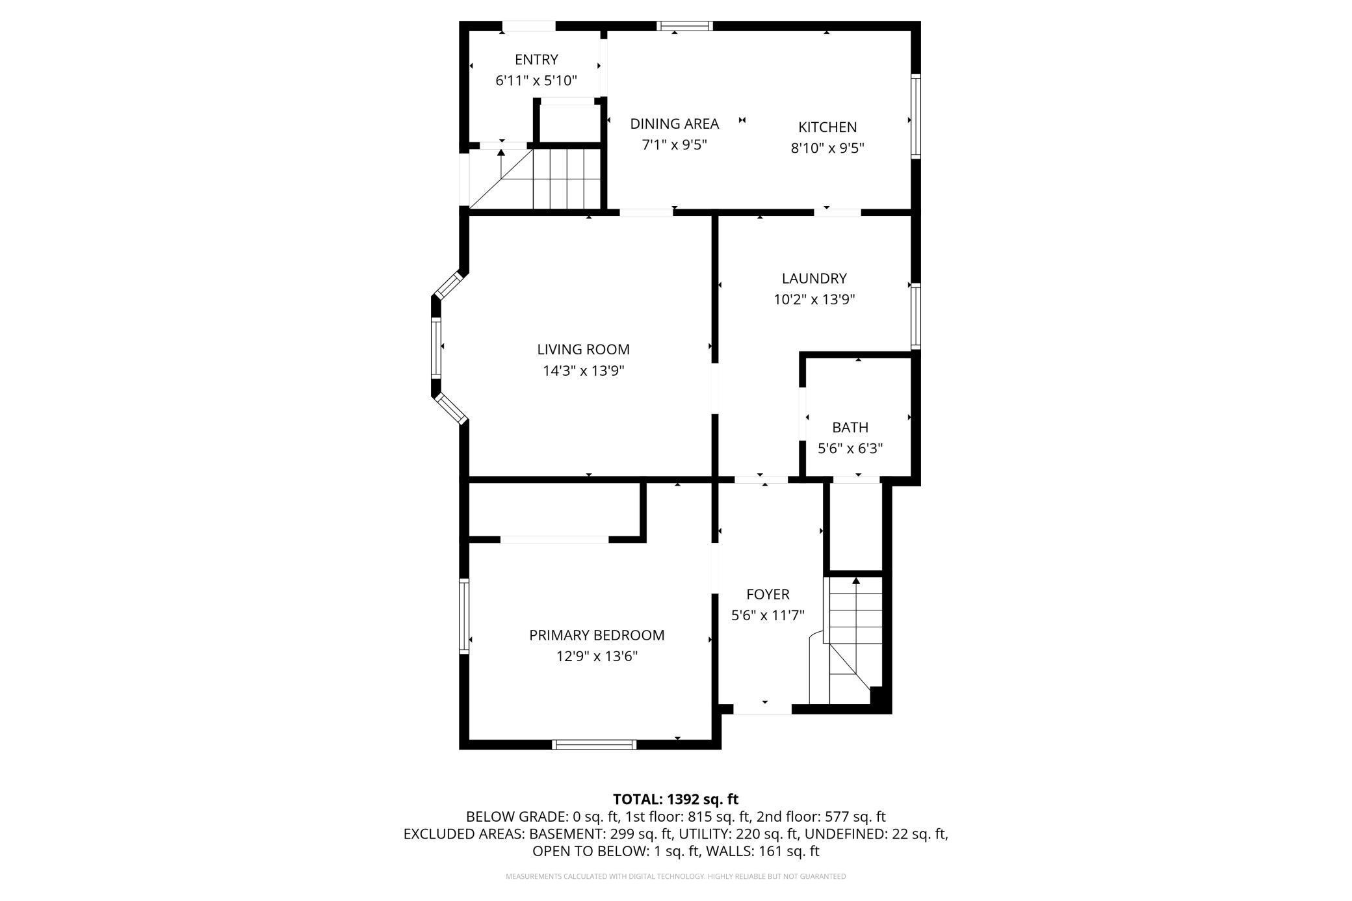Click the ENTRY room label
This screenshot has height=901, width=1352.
(x=536, y=60)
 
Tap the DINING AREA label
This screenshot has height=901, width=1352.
(x=674, y=124)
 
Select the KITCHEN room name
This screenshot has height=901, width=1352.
(x=827, y=127)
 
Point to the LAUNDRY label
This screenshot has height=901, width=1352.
(x=814, y=278)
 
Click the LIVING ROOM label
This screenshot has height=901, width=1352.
(x=583, y=349)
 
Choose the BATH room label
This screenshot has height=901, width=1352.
(x=850, y=427)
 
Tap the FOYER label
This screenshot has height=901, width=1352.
(x=768, y=594)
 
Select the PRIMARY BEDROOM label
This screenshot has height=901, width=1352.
(x=597, y=635)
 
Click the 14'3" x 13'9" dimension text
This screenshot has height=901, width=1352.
(x=583, y=371)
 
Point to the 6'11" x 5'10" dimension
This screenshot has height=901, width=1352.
(x=536, y=81)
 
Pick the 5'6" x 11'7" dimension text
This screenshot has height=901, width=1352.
(x=768, y=615)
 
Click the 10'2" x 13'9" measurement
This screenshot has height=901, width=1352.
(x=814, y=300)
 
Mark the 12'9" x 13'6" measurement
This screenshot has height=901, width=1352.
(x=597, y=657)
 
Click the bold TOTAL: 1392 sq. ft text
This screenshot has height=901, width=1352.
(x=676, y=800)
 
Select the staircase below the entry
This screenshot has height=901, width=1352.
(x=534, y=179)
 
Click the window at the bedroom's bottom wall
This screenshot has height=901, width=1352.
(x=594, y=744)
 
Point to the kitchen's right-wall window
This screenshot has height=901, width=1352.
(x=916, y=116)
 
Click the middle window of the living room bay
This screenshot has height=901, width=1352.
(x=436, y=348)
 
